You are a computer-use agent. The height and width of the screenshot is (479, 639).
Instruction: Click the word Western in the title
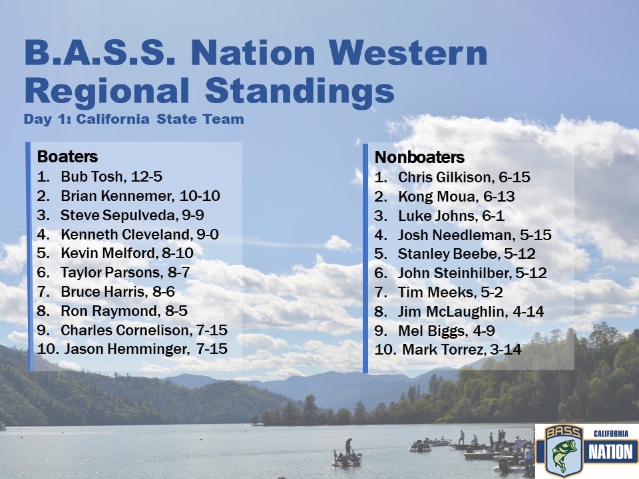[408, 53]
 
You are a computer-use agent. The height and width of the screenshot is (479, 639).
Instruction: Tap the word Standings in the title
[300, 91]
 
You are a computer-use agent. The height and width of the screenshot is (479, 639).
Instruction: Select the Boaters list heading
[67, 156]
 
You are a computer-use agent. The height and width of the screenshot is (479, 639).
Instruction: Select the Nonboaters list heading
[419, 157]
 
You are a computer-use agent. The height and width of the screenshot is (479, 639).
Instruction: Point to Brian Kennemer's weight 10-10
[200, 196]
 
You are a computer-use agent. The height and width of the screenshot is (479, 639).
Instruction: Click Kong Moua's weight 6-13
[499, 197]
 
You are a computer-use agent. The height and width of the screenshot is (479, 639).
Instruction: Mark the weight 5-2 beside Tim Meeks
[491, 292]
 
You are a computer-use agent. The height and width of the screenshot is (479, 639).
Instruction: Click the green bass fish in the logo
[563, 454]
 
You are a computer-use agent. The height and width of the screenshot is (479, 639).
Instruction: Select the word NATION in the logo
[610, 452]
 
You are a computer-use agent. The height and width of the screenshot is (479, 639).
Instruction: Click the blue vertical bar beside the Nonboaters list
[365, 258]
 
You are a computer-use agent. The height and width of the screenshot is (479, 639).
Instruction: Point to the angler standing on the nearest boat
[348, 447]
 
